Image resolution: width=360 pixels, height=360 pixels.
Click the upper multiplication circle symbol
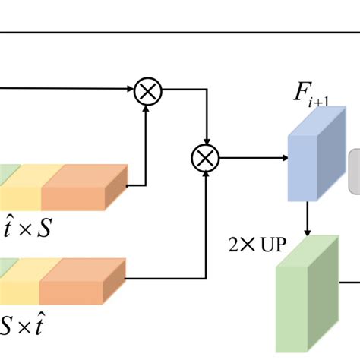point(148,93)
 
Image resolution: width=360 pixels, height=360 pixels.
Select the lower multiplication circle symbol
point(204,159)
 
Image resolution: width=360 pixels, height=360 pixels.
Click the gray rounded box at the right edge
point(354,171)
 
